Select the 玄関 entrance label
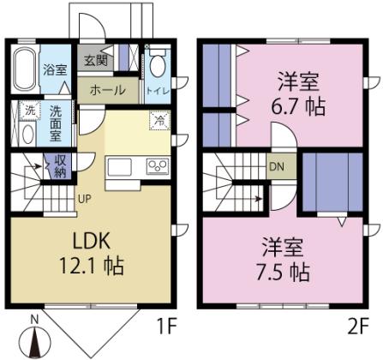point(94,61)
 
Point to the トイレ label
point(157,90)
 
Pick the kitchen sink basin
point(119,165)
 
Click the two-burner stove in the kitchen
point(157,165)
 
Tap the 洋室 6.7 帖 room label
point(297,96)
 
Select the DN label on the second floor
point(277,166)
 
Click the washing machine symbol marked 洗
point(28,111)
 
